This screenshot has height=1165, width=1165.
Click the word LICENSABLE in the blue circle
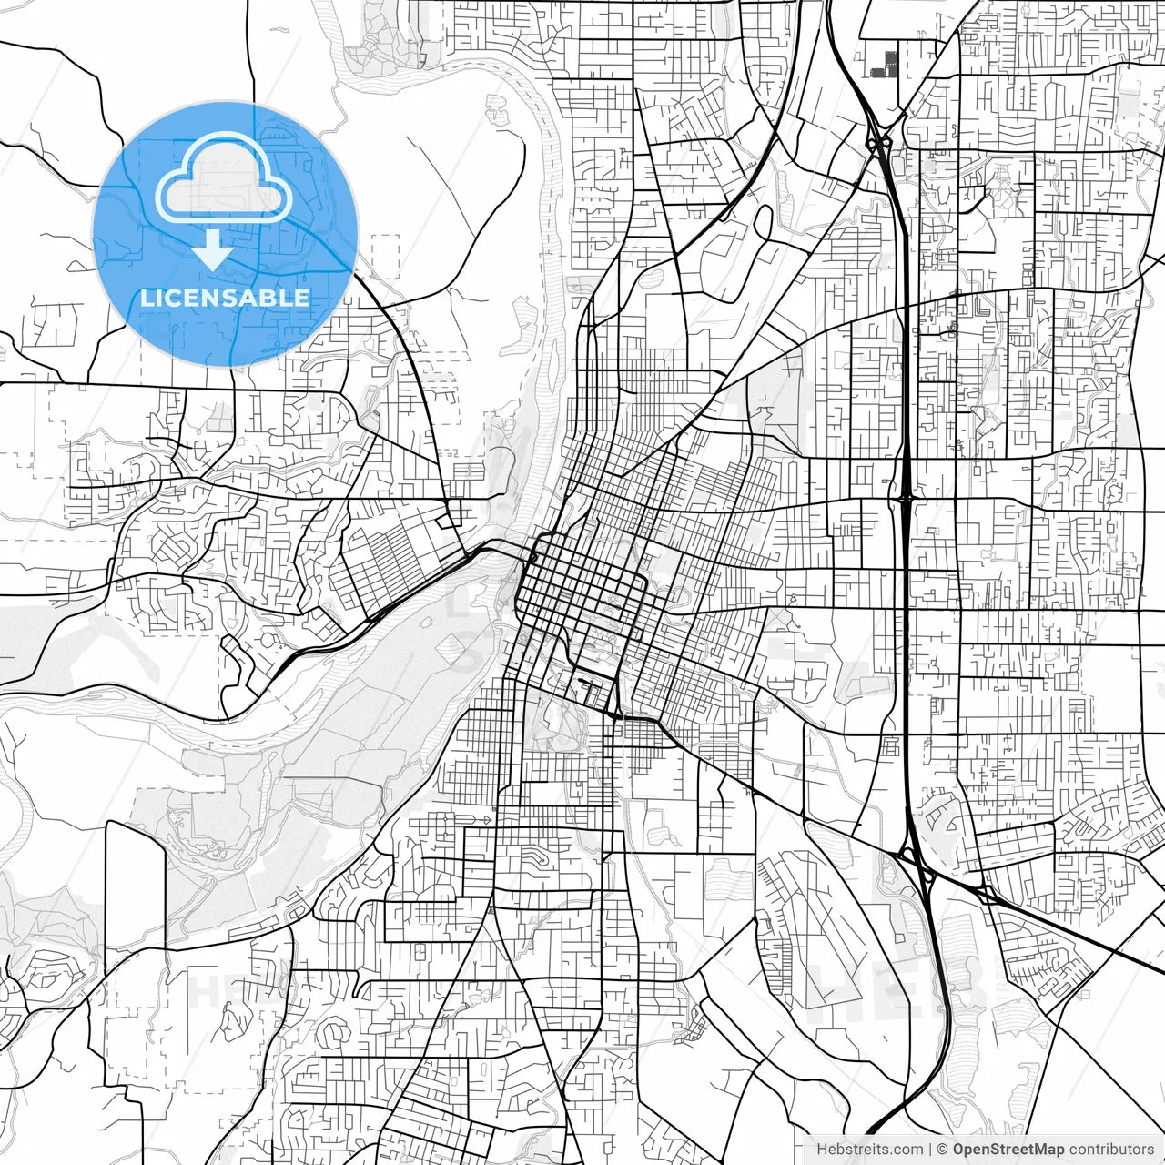[225, 298]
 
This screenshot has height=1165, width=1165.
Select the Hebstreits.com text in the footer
[869, 1150]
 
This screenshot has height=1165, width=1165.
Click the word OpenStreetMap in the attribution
[1008, 1150]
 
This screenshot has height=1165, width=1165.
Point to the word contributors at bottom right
[1110, 1150]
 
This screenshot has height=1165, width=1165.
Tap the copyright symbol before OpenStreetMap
[942, 1150]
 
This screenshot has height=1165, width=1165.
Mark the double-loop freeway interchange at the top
[878, 143]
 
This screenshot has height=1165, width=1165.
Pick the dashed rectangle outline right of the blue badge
[385, 256]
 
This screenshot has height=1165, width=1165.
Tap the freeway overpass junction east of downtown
[907, 499]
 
